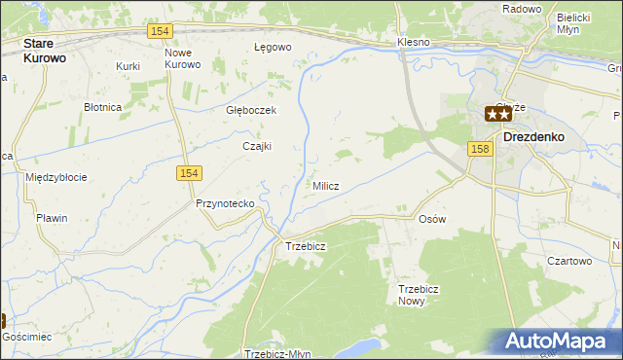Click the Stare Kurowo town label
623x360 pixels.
52,51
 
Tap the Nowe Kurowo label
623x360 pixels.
182,58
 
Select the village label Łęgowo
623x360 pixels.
273,47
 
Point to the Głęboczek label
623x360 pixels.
251,110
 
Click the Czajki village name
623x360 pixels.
256,147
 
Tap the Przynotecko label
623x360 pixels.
225,203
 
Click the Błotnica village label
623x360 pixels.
102,107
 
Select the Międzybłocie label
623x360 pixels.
56,177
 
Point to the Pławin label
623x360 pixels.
52,218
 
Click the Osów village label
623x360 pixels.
431,219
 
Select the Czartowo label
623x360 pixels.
569,261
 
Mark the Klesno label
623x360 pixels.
415,43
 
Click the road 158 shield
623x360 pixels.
478,149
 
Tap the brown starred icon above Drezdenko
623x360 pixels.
498,114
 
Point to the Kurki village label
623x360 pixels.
128,66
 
